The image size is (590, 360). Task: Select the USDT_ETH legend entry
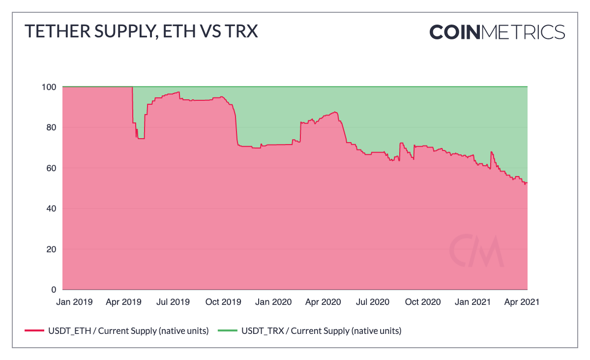(117, 331)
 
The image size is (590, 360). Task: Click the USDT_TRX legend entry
(315, 331)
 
